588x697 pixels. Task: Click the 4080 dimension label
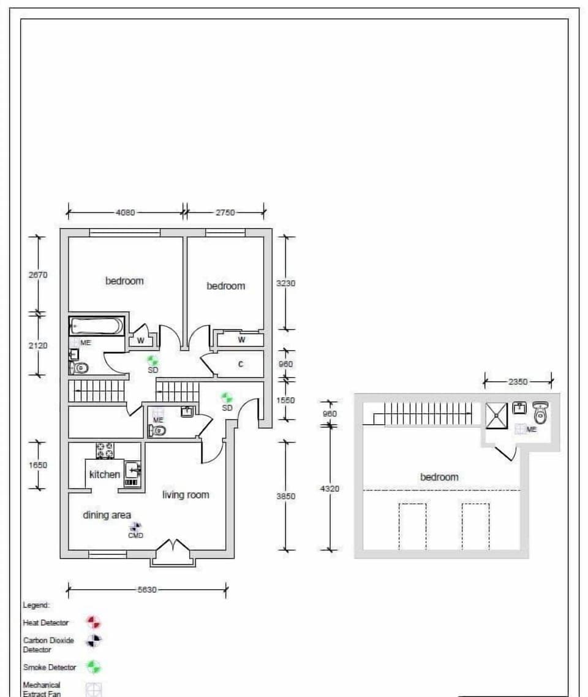tap(125, 213)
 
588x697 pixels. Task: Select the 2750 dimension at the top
tap(225, 213)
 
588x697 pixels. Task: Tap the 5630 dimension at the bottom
tap(146, 590)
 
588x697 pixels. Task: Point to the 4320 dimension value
tap(329, 489)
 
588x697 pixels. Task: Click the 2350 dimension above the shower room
tap(518, 381)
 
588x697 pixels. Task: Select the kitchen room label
tap(105, 474)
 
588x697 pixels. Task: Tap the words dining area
tap(107, 515)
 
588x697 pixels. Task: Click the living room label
tap(186, 495)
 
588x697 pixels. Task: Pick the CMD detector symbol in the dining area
tap(135, 527)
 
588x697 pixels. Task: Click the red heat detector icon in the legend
tap(93, 623)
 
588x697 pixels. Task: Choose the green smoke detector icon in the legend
tap(93, 667)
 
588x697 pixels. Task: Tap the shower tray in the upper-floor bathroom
tap(496, 416)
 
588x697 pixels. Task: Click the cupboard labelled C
tap(240, 364)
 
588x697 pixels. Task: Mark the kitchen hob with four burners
tap(105, 451)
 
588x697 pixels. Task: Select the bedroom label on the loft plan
tap(439, 477)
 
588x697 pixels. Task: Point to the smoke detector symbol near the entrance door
tap(227, 398)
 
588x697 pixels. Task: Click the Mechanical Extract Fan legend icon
tap(93, 690)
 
